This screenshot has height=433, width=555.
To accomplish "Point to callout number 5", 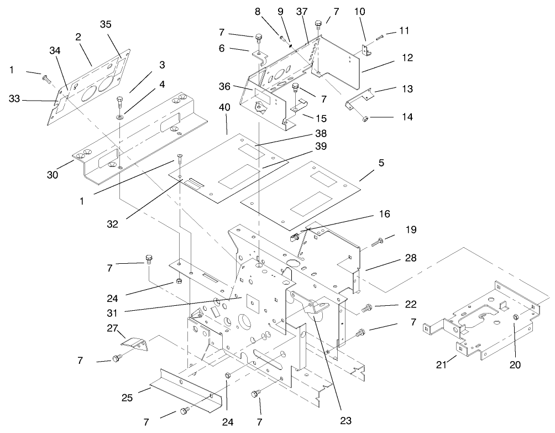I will [365, 163].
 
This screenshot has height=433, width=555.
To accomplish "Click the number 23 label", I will [345, 420].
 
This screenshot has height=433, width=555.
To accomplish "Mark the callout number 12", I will [408, 58].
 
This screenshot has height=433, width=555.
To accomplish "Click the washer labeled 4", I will [119, 117].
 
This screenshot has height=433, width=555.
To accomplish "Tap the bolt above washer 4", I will [120, 102].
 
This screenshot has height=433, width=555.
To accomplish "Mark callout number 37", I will [302, 12].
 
